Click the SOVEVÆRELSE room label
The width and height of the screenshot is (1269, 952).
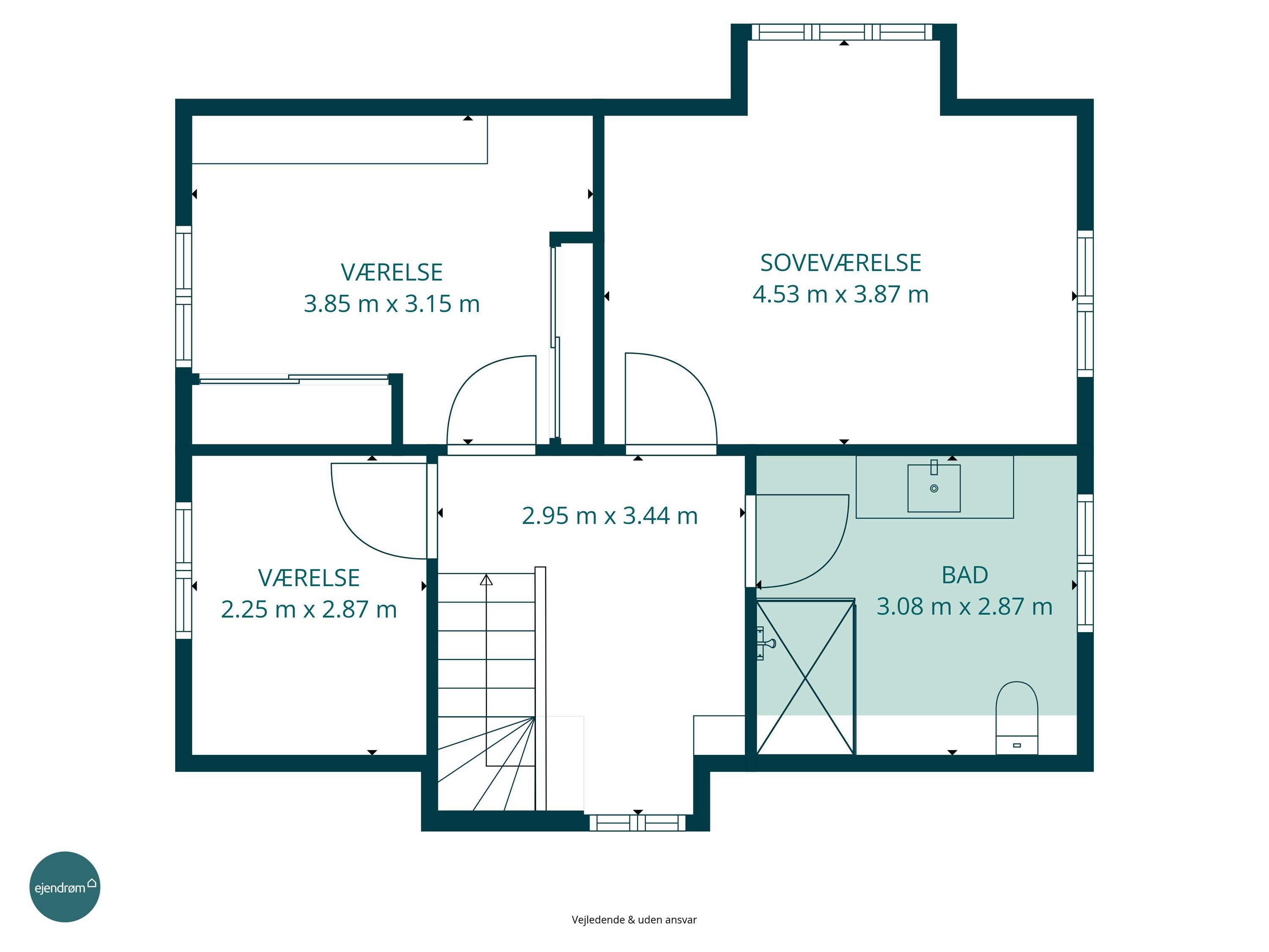(841, 263)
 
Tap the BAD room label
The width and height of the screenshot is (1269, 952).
(964, 575)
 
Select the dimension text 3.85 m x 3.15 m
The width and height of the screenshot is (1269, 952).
(392, 303)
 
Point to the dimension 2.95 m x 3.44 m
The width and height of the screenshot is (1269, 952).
(610, 516)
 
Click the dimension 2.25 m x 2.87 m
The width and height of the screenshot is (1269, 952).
(309, 609)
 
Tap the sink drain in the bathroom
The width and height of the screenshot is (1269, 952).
(934, 488)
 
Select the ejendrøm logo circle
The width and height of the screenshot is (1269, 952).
(65, 886)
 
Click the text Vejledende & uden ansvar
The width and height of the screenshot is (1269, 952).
(634, 919)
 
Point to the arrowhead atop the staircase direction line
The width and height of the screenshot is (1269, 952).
(486, 580)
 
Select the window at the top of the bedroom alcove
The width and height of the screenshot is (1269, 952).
(842, 32)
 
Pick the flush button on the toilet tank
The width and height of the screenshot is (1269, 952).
(1017, 746)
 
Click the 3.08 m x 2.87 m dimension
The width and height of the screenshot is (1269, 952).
(964, 607)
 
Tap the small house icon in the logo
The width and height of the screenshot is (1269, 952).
(92, 883)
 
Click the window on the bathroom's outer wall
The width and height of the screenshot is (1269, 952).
(1085, 563)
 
